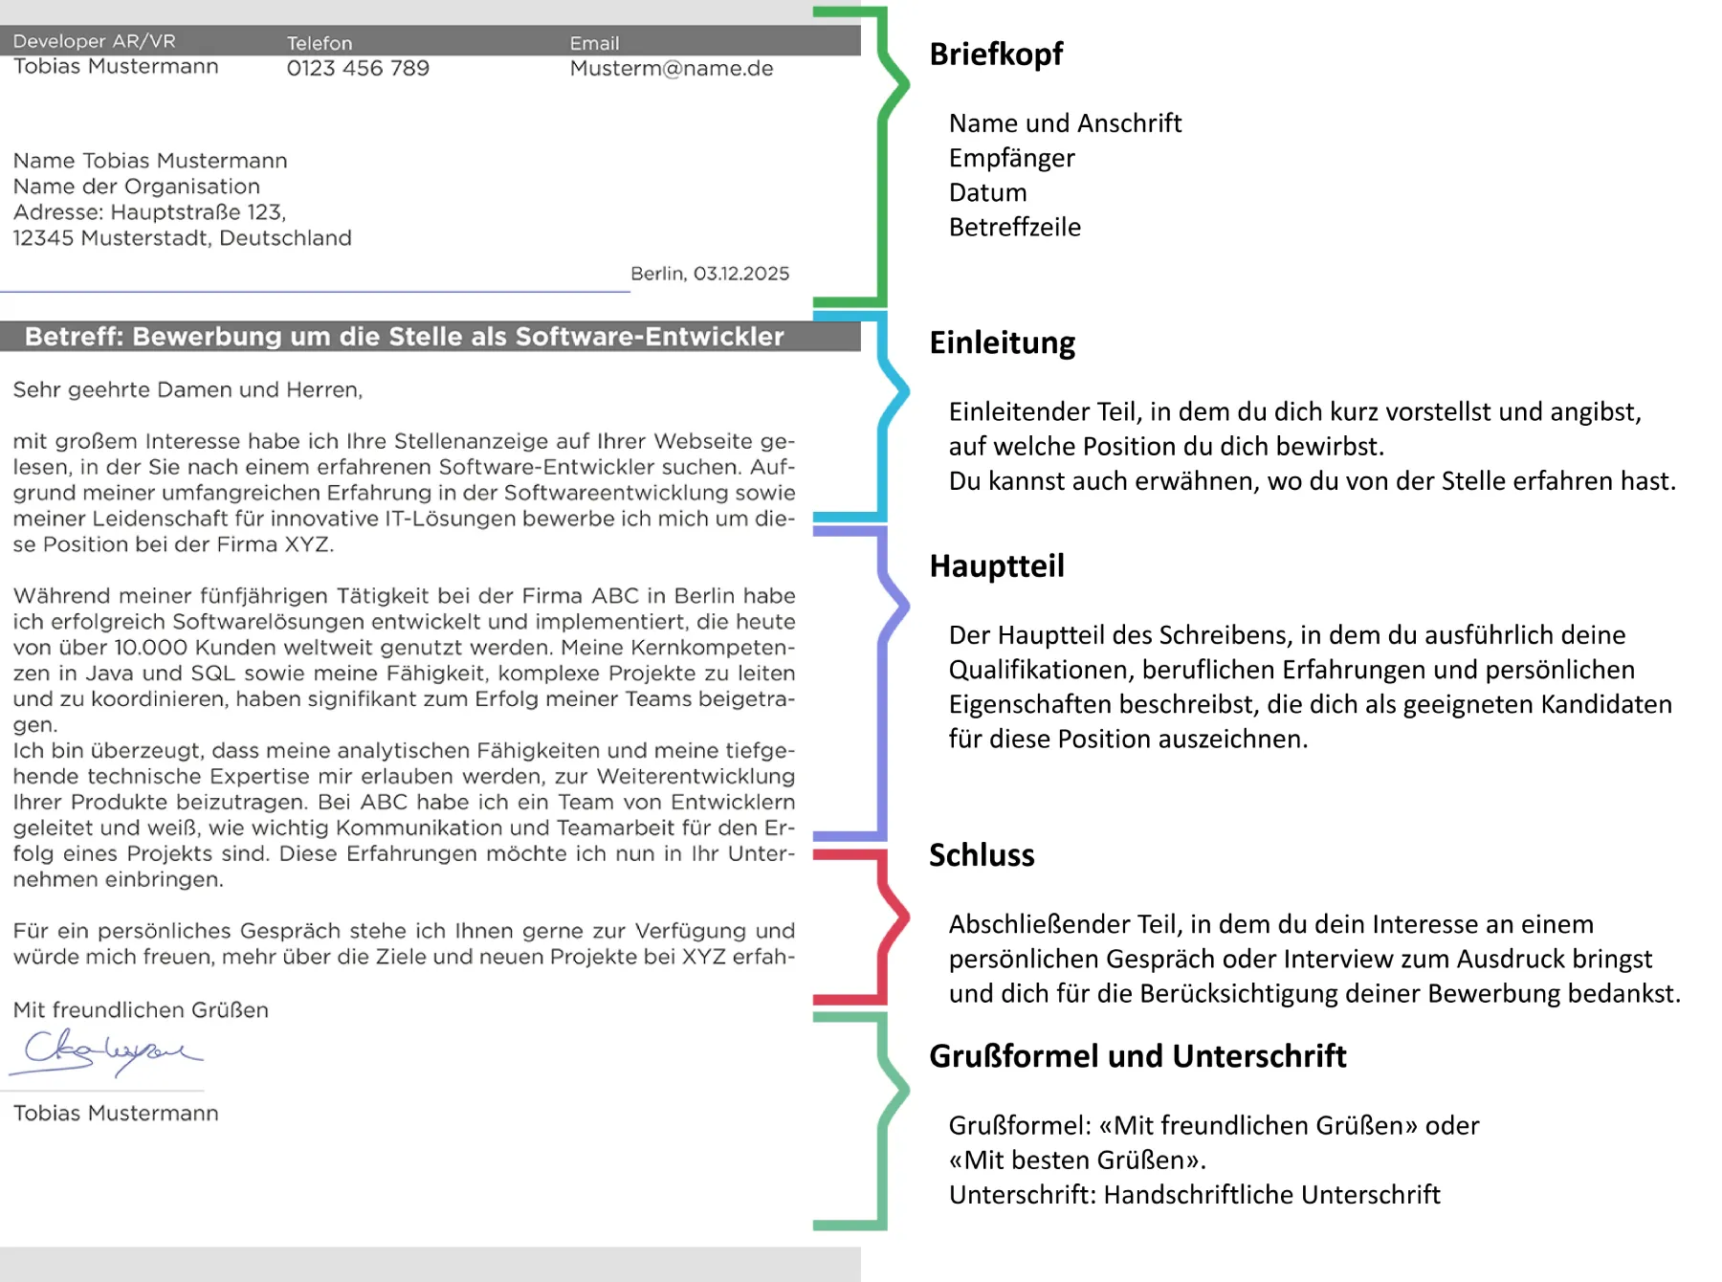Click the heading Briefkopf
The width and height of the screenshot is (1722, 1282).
[x=996, y=55]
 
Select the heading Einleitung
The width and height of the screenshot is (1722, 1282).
[x=1002, y=343]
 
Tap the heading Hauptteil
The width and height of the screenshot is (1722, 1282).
[x=996, y=566]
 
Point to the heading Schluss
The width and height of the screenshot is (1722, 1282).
[x=982, y=855]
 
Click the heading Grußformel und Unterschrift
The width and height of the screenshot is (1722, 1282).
[x=1137, y=1056]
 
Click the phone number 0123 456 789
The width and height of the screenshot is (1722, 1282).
[x=358, y=69]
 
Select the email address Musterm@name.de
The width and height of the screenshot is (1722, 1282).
[x=671, y=69]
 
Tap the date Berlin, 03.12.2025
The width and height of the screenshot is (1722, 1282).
[x=710, y=274]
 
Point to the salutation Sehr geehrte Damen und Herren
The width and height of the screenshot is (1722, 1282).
[x=188, y=390]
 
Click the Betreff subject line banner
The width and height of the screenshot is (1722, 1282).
[x=405, y=337]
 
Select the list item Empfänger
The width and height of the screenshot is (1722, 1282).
[x=1011, y=158]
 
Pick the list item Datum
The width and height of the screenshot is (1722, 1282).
[x=987, y=192]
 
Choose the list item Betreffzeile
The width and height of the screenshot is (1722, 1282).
[x=1014, y=228]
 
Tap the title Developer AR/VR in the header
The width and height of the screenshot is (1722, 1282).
[x=94, y=41]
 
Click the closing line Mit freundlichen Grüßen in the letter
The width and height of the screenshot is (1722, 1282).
[x=141, y=1010]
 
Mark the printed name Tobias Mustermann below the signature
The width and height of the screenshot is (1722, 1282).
[x=116, y=1114]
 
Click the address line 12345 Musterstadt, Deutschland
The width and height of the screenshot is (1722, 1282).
[x=182, y=238]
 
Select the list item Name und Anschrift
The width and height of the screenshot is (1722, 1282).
[x=1065, y=123]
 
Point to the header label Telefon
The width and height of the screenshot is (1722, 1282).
[x=320, y=43]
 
